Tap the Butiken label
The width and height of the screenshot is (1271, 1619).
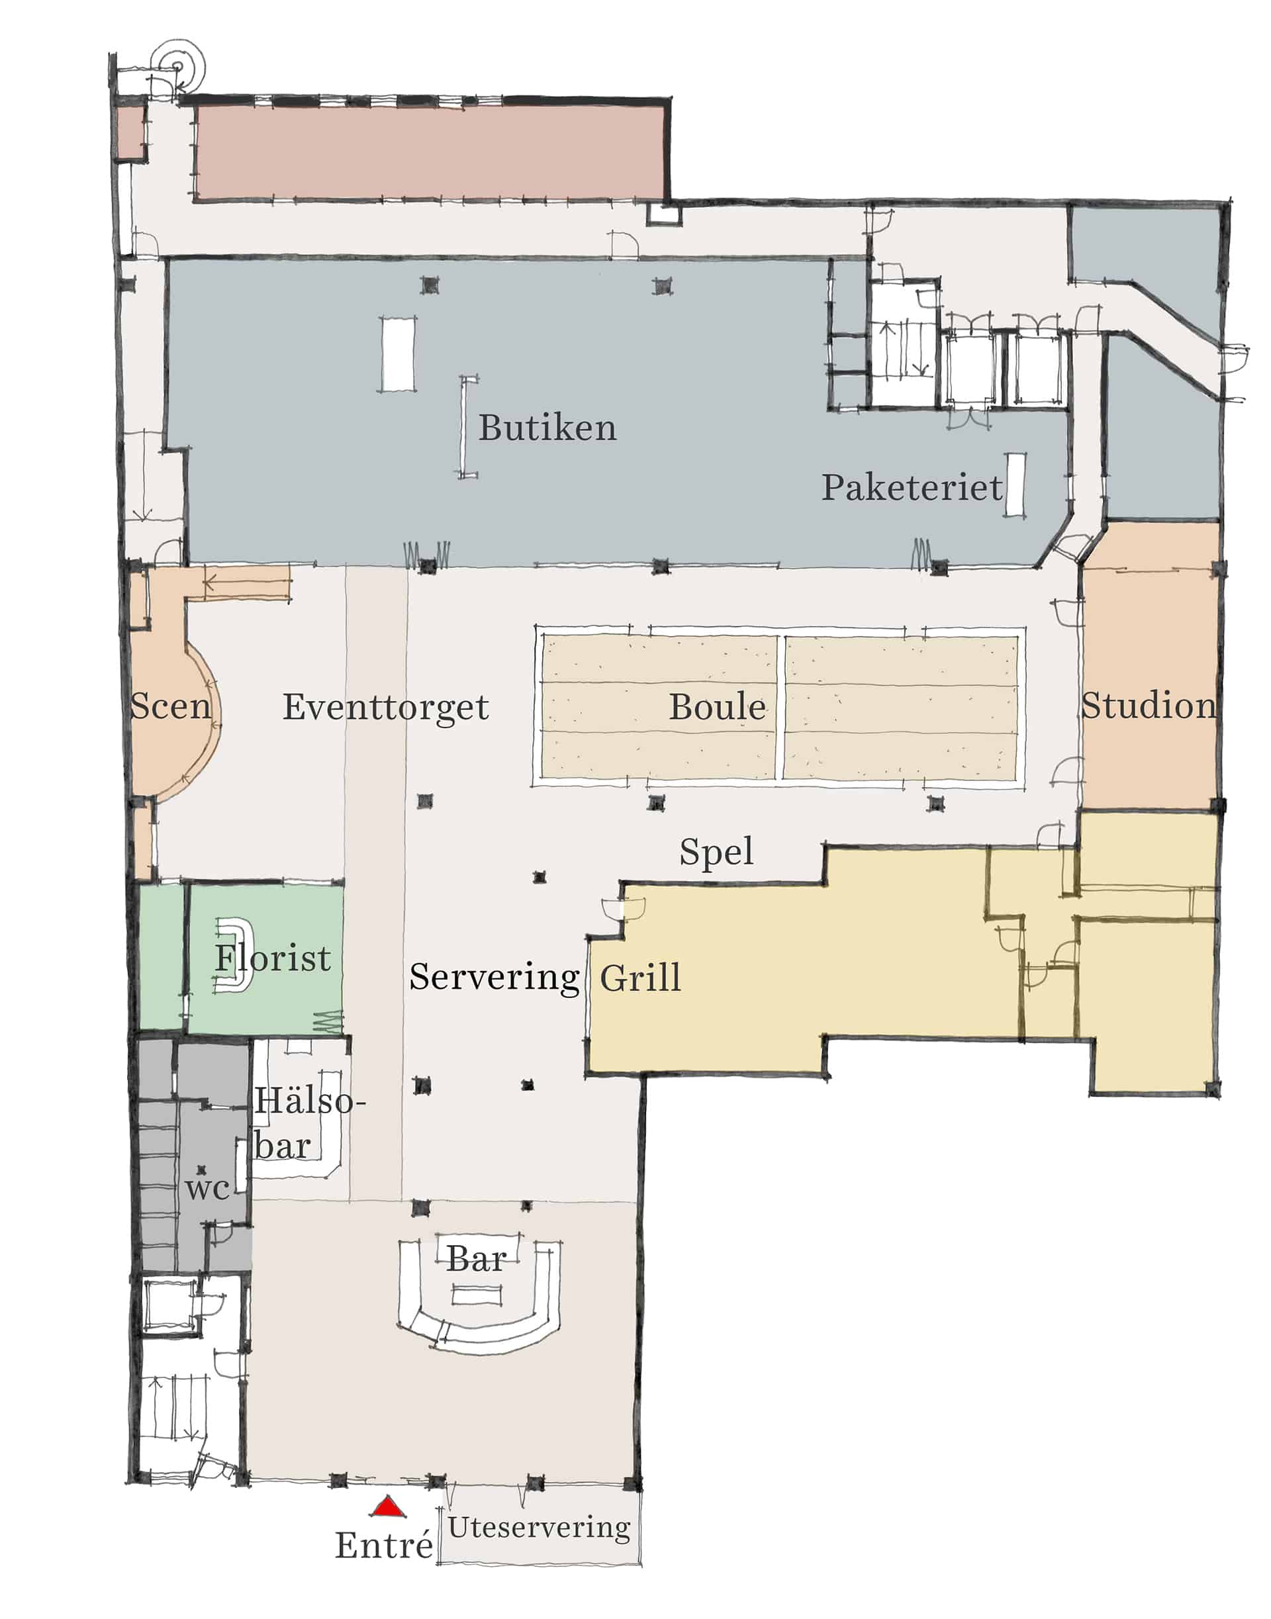click(547, 428)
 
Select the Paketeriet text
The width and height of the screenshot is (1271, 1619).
click(912, 487)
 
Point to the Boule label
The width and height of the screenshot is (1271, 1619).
click(718, 707)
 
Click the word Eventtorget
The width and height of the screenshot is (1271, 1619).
click(385, 708)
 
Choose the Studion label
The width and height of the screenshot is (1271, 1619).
click(1149, 706)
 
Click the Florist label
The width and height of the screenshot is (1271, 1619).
click(272, 958)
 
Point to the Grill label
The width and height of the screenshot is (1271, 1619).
click(640, 977)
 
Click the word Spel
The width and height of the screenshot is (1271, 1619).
click(716, 852)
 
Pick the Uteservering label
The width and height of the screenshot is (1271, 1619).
click(539, 1528)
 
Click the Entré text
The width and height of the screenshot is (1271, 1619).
click(384, 1545)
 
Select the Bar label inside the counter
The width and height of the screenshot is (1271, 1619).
click(476, 1259)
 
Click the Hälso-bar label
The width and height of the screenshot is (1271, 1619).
click(309, 1124)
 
